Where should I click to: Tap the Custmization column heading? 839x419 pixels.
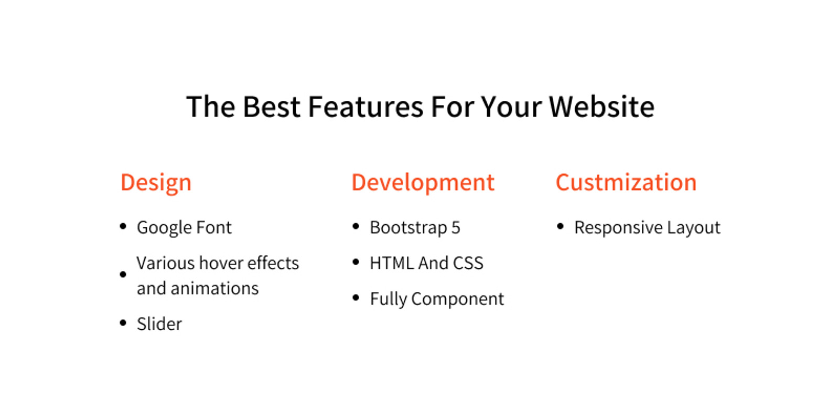tap(626, 183)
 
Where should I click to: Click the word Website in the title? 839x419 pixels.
tap(601, 107)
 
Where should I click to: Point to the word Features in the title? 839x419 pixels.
tap(365, 107)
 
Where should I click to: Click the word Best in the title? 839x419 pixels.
tap(272, 107)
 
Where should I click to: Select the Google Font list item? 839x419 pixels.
tap(184, 228)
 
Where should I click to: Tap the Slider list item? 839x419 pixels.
tap(159, 324)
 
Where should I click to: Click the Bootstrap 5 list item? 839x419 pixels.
tap(415, 227)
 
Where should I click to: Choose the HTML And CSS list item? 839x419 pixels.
tap(427, 263)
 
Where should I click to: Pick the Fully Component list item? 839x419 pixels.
tap(437, 299)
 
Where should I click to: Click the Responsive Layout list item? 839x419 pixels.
tap(647, 228)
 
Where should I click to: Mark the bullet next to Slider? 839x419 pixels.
tap(123, 322)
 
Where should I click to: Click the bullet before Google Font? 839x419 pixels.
tap(123, 226)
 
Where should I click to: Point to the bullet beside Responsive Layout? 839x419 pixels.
tap(561, 226)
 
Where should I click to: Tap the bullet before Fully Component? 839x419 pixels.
tap(356, 298)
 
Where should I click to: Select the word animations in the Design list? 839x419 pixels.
tap(214, 288)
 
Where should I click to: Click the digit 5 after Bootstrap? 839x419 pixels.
tap(456, 227)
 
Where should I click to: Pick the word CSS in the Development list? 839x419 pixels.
tap(468, 263)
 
